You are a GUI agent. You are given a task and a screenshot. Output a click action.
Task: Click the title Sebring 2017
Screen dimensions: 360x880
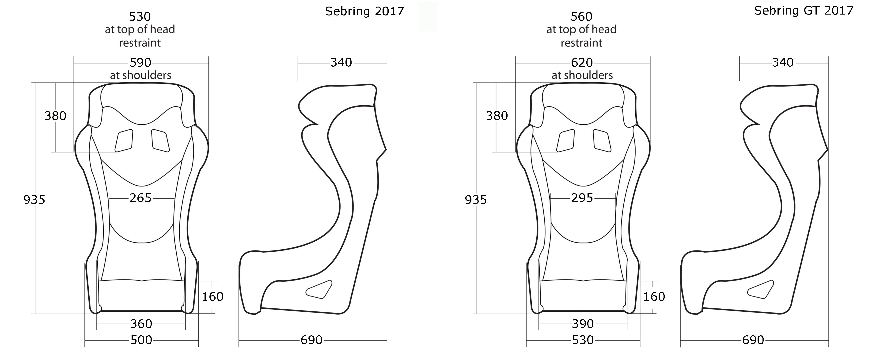tap(364, 11)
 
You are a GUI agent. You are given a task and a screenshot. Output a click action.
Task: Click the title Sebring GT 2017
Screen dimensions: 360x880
tap(804, 11)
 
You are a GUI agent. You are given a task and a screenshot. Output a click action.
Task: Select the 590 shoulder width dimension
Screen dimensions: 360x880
tap(140, 63)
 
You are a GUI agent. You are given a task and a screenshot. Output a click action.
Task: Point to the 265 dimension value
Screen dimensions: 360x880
tap(140, 198)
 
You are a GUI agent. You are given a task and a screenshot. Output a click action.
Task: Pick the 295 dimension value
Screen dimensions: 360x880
tap(582, 198)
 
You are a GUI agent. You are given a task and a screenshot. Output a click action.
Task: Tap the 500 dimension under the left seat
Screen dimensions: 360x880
tap(141, 340)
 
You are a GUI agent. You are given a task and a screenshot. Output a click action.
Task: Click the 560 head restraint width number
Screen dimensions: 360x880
tap(581, 17)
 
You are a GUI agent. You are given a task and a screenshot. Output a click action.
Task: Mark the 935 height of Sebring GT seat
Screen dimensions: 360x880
tap(475, 200)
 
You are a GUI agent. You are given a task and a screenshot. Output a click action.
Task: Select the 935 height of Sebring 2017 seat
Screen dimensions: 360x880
tap(34, 200)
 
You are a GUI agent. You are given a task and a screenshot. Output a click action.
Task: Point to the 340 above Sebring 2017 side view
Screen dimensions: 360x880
tap(341, 63)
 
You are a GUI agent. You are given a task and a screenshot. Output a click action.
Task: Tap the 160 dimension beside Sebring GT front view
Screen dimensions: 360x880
tap(654, 296)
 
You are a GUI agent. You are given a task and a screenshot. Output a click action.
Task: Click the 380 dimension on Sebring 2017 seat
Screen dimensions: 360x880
tap(55, 116)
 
